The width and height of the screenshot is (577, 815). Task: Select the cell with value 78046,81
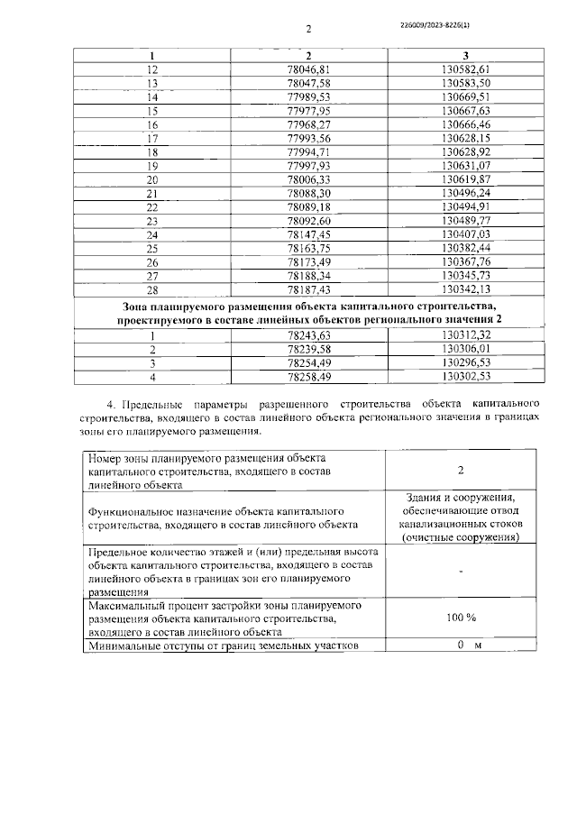(308, 69)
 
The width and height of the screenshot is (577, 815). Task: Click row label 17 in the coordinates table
(151, 139)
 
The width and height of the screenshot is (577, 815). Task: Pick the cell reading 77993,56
(308, 139)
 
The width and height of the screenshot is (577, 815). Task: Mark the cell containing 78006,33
(308, 179)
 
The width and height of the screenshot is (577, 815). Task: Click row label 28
(151, 289)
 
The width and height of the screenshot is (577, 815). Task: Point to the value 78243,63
(308, 334)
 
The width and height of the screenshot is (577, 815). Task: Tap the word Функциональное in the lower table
(131, 510)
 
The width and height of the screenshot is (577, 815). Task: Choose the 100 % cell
(461, 618)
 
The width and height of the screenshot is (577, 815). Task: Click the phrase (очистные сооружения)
(461, 537)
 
